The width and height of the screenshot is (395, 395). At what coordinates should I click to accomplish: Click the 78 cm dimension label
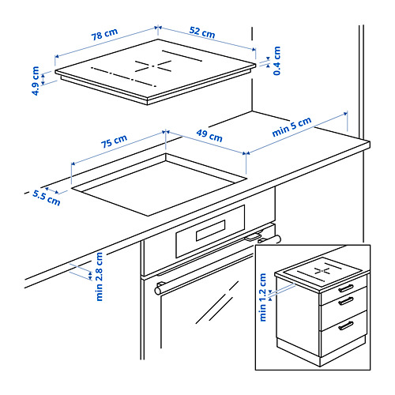[104, 34]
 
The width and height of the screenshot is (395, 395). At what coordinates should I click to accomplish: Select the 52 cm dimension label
[202, 32]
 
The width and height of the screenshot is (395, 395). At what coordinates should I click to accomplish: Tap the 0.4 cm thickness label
[277, 61]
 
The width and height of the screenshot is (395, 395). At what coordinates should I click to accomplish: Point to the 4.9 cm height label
[36, 81]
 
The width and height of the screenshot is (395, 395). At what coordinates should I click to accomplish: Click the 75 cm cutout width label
[115, 141]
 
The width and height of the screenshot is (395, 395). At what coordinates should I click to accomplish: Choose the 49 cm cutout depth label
[209, 135]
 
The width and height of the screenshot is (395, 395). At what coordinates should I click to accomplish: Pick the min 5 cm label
[292, 126]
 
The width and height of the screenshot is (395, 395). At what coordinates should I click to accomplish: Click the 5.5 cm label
[47, 197]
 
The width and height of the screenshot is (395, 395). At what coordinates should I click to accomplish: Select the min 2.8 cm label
[100, 276]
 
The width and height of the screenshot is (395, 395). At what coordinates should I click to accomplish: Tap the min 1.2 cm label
[263, 297]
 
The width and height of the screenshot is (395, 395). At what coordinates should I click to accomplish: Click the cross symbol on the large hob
[153, 66]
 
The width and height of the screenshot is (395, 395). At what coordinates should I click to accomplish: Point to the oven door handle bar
[218, 265]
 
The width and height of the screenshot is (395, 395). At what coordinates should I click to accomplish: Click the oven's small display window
[211, 231]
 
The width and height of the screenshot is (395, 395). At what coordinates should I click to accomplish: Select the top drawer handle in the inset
[346, 288]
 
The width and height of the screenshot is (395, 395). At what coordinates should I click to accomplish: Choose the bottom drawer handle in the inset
[346, 325]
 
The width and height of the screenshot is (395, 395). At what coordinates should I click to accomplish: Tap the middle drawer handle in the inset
[346, 301]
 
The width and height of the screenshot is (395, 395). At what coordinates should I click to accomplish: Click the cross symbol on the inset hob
[322, 270]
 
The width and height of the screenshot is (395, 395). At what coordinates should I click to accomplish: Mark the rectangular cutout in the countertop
[159, 185]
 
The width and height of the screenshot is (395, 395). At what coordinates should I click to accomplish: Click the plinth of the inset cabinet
[322, 352]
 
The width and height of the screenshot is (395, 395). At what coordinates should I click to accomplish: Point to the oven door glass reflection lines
[217, 303]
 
